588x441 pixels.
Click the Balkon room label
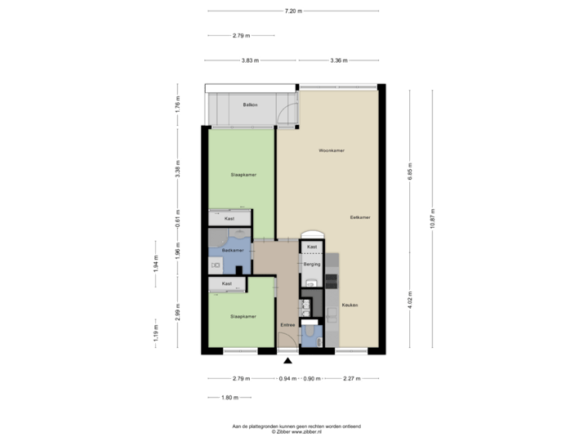251,105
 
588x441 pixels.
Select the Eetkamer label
360,218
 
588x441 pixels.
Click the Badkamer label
233,250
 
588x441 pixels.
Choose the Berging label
312,265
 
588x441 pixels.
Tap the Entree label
287,325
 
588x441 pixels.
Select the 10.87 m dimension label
433,221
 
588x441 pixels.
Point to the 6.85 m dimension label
410,171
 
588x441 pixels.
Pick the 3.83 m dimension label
251,60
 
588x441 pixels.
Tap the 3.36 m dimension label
339,60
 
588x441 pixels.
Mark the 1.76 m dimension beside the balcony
178,105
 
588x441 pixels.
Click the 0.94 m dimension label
288,379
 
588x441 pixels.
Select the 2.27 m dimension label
352,379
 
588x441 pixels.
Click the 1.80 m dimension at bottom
229,398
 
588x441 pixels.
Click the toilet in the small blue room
312,335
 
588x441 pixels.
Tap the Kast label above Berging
312,246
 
